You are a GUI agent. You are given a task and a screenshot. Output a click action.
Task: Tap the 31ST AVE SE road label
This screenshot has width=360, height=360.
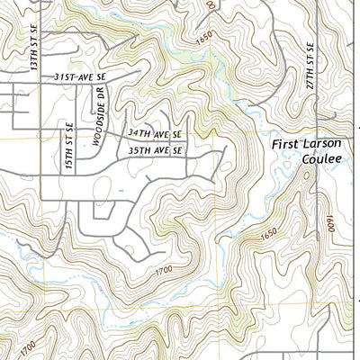tap(79, 79)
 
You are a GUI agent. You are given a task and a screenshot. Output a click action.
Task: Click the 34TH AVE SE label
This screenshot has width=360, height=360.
tap(154, 132)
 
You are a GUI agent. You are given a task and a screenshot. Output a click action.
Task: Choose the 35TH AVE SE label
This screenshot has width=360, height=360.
tap(154, 151)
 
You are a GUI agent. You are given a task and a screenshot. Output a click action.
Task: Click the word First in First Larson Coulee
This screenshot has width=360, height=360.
tap(286, 143)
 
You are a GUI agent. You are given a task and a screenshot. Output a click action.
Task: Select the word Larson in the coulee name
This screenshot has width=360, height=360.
tap(325, 143)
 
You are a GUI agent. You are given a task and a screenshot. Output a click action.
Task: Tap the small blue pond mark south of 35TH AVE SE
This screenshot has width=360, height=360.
tap(121, 191)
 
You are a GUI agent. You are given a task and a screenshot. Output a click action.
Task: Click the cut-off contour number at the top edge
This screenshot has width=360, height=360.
tap(211, 4)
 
